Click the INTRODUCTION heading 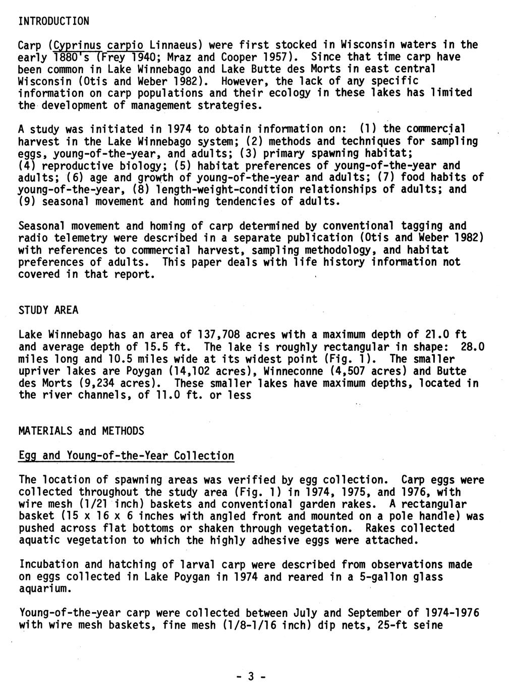53,21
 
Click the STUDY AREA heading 48,310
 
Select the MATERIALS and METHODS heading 81,431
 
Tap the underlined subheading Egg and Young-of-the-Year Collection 126,456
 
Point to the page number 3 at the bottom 250,677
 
